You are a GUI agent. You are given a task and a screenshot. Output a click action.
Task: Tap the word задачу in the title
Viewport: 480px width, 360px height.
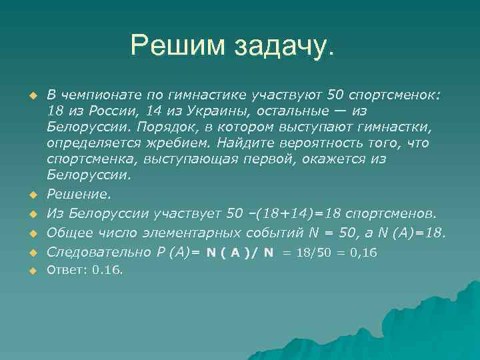point(283,45)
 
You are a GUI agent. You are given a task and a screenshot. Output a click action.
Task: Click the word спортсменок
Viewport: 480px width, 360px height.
point(398,95)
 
